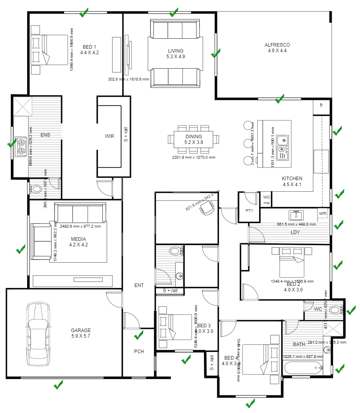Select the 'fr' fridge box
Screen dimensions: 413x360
pyautogui.click(x=321, y=106)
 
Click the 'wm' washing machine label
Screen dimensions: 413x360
pyautogui.click(x=323, y=214)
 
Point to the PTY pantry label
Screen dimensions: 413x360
pyautogui.click(x=249, y=210)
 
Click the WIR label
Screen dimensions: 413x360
pyautogui.click(x=110, y=136)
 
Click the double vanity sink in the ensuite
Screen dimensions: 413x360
pyautogui.click(x=21, y=146)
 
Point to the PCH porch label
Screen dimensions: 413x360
pyautogui.click(x=139, y=352)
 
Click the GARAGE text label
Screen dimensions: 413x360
pyautogui.click(x=81, y=330)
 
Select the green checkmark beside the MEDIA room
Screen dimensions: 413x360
pyautogui.click(x=20, y=250)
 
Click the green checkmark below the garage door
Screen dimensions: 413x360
pyautogui.click(x=58, y=385)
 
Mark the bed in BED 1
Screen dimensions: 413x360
pyautogui.click(x=50, y=50)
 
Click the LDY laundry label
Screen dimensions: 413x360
pyautogui.click(x=295, y=232)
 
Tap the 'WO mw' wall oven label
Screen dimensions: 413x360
pyautogui.click(x=266, y=200)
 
